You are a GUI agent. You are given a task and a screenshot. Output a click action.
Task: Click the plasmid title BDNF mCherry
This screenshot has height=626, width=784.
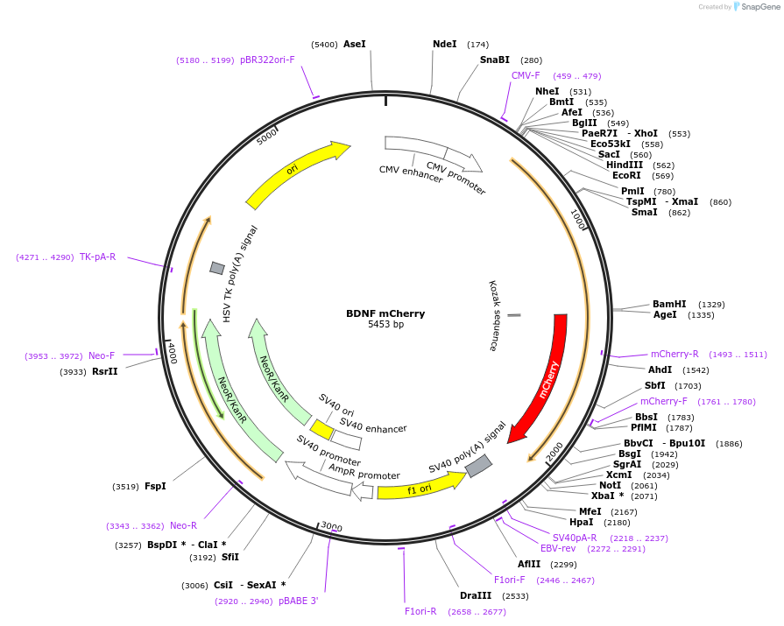tap(385, 313)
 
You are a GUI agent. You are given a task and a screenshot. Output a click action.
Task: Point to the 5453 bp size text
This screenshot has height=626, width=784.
tap(385, 325)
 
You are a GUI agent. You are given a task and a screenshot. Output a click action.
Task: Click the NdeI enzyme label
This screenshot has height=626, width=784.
tap(445, 44)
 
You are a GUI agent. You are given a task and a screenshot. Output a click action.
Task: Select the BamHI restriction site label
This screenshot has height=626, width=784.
tap(669, 304)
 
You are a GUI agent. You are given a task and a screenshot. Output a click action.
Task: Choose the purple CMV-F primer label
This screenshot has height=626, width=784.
tap(526, 75)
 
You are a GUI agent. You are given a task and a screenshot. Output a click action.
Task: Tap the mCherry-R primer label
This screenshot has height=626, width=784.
tap(675, 354)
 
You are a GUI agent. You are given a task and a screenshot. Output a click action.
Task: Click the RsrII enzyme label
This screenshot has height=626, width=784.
tap(105, 371)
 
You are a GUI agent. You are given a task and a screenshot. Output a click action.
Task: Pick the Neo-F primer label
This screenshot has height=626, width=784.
tap(102, 355)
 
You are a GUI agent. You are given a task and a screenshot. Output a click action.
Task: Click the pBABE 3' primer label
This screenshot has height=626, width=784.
tap(299, 601)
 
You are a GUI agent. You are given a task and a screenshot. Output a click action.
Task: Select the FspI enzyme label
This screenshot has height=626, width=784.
tap(155, 486)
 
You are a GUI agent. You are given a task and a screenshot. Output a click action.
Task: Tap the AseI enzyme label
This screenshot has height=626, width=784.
tap(355, 44)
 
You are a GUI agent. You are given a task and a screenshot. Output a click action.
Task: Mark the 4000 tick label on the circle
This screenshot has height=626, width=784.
tap(173, 354)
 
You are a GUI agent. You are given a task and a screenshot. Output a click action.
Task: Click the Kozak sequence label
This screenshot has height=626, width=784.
tap(493, 315)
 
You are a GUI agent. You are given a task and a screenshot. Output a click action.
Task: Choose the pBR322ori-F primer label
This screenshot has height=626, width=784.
tap(267, 60)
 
